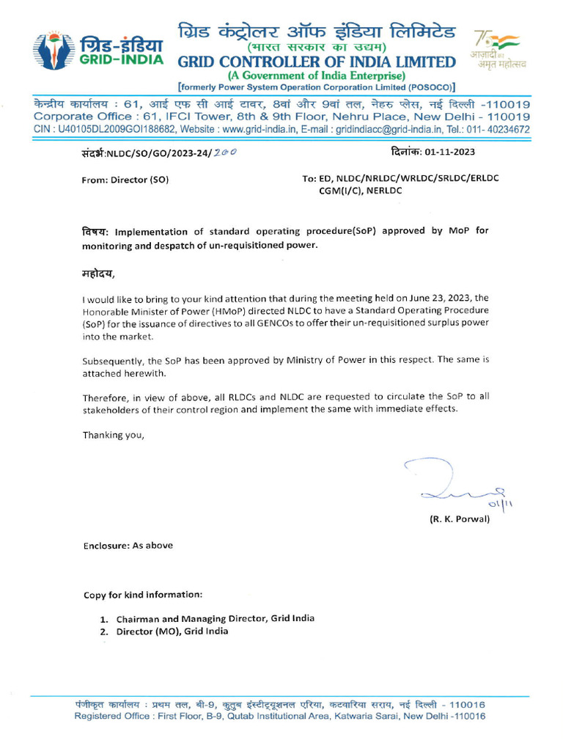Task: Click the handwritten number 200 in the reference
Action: click(x=225, y=153)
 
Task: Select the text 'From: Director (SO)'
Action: click(x=125, y=179)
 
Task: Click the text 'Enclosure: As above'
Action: click(x=128, y=545)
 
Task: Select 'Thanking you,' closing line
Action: click(x=114, y=435)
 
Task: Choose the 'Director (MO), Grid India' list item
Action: click(x=172, y=631)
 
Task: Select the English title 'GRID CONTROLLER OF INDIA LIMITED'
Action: click(x=317, y=62)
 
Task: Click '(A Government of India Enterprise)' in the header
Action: click(x=316, y=76)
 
